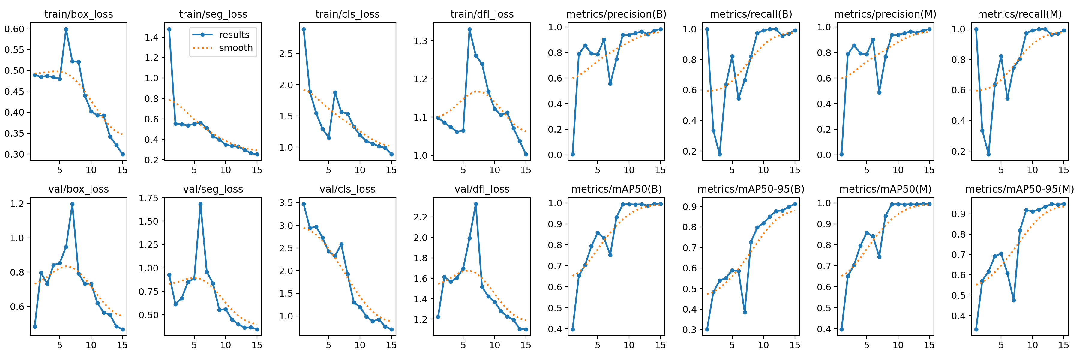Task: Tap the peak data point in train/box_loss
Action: pos(66,29)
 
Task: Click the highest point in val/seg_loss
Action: pos(200,204)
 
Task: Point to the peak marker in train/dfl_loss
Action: pos(469,29)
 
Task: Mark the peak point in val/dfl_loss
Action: pos(476,204)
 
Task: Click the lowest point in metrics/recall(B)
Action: pos(719,154)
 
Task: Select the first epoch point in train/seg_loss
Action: pos(169,29)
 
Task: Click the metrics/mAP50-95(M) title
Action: pos(1020,189)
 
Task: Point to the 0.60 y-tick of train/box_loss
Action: pos(15,29)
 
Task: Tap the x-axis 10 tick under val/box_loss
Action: pos(91,345)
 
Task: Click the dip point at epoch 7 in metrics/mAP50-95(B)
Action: pos(745,312)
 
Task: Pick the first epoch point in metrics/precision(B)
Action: pos(572,154)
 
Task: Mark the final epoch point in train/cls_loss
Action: pos(391,154)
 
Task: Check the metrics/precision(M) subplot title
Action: pos(885,14)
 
